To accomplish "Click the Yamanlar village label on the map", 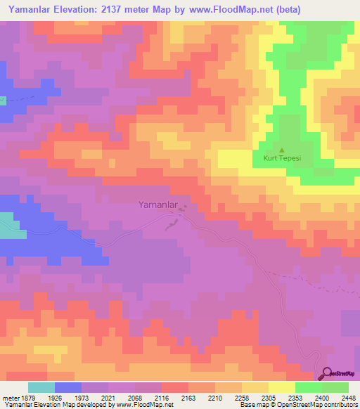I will (x=155, y=205).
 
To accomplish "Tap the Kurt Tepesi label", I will (x=282, y=158).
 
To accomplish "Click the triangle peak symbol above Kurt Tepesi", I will (x=282, y=150).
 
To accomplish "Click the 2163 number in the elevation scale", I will (x=188, y=398).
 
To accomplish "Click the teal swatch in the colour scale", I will (x=41, y=387).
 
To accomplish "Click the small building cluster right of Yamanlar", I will (x=184, y=208).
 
